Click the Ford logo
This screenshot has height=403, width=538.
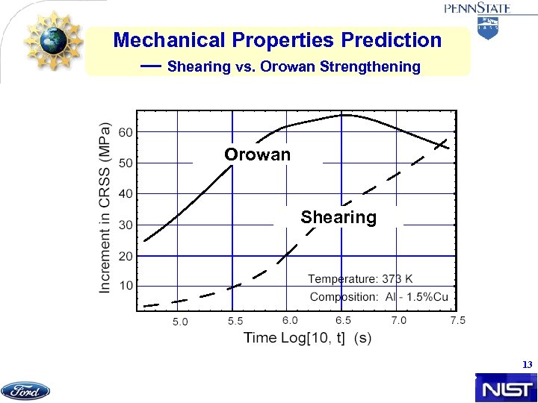pos(25,390)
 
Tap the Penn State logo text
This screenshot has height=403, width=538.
pos(478,9)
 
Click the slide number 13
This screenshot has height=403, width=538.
pos(527,365)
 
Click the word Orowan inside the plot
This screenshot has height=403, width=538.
pos(258,154)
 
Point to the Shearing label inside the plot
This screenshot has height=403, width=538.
pos(338,217)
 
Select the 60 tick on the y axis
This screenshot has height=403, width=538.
pos(126,132)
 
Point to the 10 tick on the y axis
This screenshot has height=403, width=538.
pos(126,286)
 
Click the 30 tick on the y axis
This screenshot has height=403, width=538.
pos(126,225)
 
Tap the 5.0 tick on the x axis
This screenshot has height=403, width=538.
pos(181,322)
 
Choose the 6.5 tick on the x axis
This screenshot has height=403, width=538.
pos(344,320)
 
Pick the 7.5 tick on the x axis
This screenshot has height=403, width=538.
pos(457,320)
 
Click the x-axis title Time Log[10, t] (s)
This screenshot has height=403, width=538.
pos(307,337)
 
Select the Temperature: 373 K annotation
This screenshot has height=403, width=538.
pos(359,279)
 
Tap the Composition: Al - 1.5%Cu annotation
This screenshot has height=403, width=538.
pos(379,297)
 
